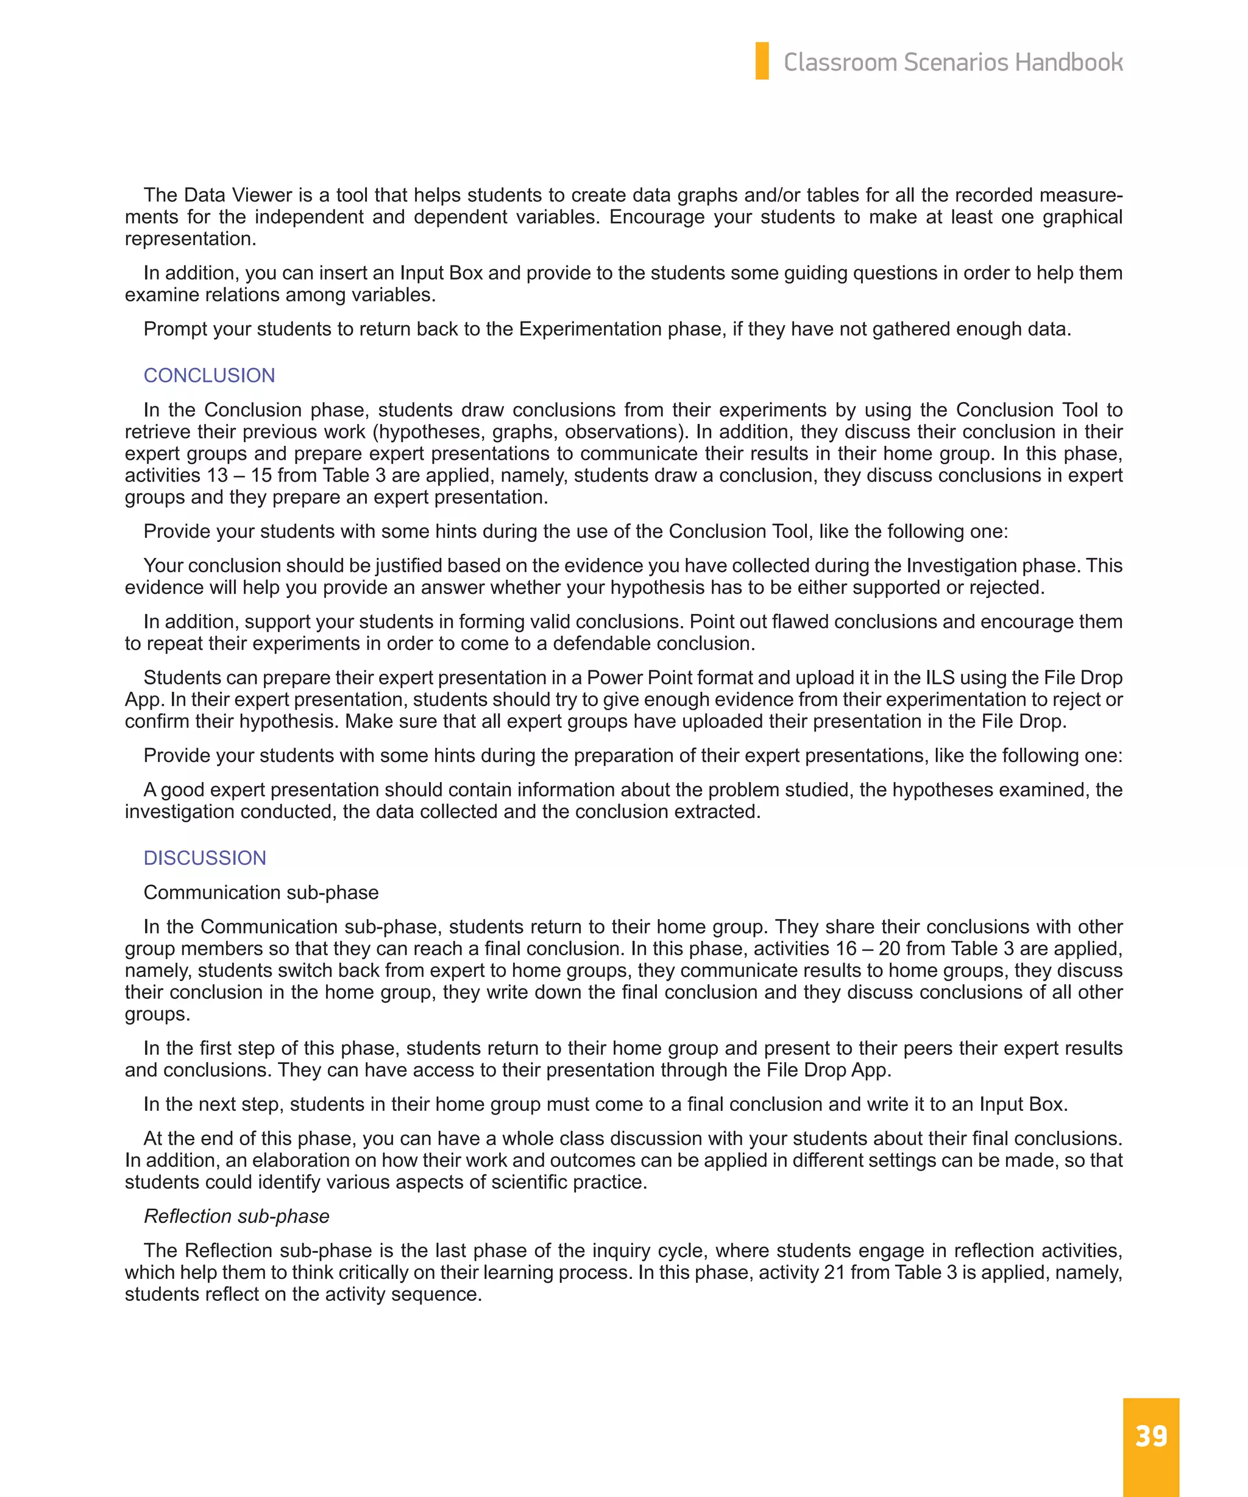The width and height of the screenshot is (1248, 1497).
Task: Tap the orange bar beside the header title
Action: click(x=762, y=62)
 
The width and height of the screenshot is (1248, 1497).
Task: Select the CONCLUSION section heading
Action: click(x=209, y=376)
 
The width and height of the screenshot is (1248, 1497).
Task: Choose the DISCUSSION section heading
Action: click(x=205, y=858)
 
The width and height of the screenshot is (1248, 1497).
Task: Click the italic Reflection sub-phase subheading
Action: click(x=236, y=1216)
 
